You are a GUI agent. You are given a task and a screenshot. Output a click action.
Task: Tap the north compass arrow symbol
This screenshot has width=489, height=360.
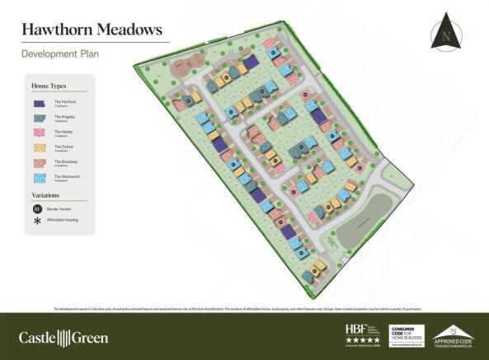[446, 31]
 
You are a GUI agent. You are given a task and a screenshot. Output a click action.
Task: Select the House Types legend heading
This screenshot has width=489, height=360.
[48, 86]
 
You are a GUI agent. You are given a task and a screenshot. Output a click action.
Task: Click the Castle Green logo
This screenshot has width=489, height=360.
[63, 336]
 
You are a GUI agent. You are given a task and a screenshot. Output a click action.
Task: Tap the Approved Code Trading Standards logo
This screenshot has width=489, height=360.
[454, 334]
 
